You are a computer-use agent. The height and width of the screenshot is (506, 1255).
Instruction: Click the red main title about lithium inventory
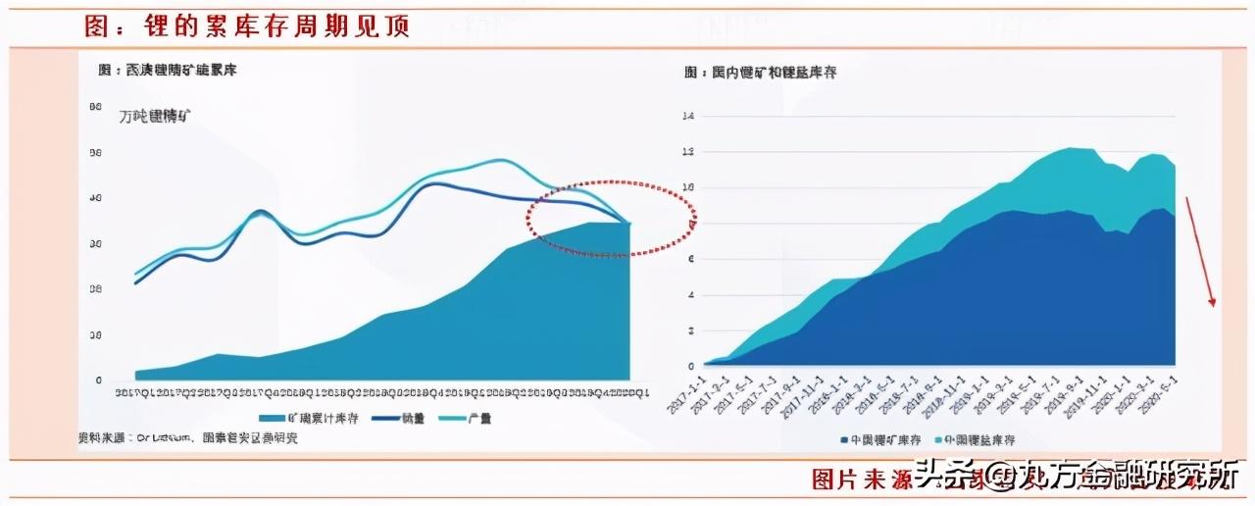246,27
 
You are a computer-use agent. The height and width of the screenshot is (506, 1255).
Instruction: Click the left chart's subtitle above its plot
168,70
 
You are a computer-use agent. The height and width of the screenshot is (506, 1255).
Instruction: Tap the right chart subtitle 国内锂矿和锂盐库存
760,73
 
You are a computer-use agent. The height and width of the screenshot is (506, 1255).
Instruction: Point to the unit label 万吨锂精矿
155,116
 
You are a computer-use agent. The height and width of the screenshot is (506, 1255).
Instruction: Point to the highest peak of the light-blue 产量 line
499,160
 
